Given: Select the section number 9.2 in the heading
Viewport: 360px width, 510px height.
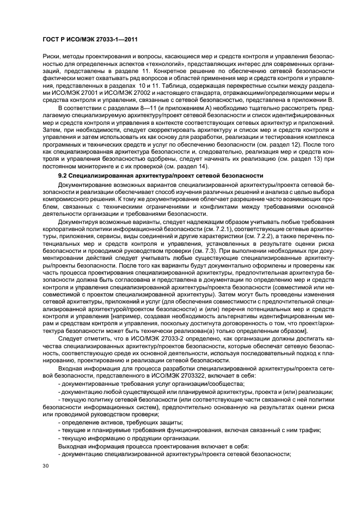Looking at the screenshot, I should tap(64, 175).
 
